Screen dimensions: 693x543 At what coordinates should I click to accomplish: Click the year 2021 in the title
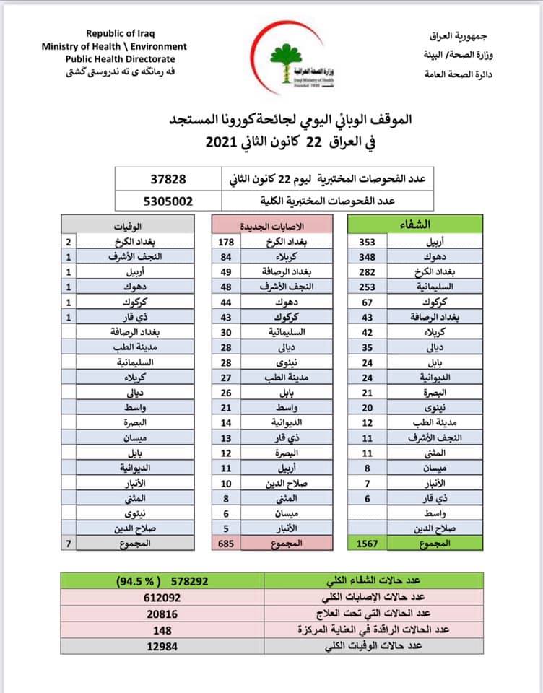pyautogui.click(x=222, y=142)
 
